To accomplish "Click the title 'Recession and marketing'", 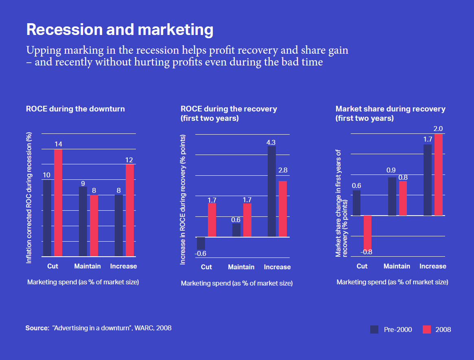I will coord(120,30).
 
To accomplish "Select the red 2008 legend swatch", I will coord(426,329).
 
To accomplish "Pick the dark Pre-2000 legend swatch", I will coord(374,329).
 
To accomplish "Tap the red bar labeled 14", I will coord(58,203).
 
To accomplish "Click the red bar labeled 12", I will coord(130,210).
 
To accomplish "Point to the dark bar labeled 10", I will coord(47,218).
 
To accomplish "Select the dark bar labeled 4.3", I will coord(272,191).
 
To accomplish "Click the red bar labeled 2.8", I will coord(283,209).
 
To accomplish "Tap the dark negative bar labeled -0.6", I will coord(201,243).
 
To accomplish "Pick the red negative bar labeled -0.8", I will coord(367,232).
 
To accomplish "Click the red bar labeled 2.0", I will coord(438,175).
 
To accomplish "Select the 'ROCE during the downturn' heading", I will coord(75,109).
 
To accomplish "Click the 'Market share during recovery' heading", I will coord(390,109).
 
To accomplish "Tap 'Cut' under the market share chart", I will coord(362,266).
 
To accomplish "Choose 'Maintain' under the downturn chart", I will coord(87,266).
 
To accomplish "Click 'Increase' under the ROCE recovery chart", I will coord(277,267).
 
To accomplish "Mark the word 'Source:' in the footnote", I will coord(37,328).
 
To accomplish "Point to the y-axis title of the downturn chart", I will coord(29,197).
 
